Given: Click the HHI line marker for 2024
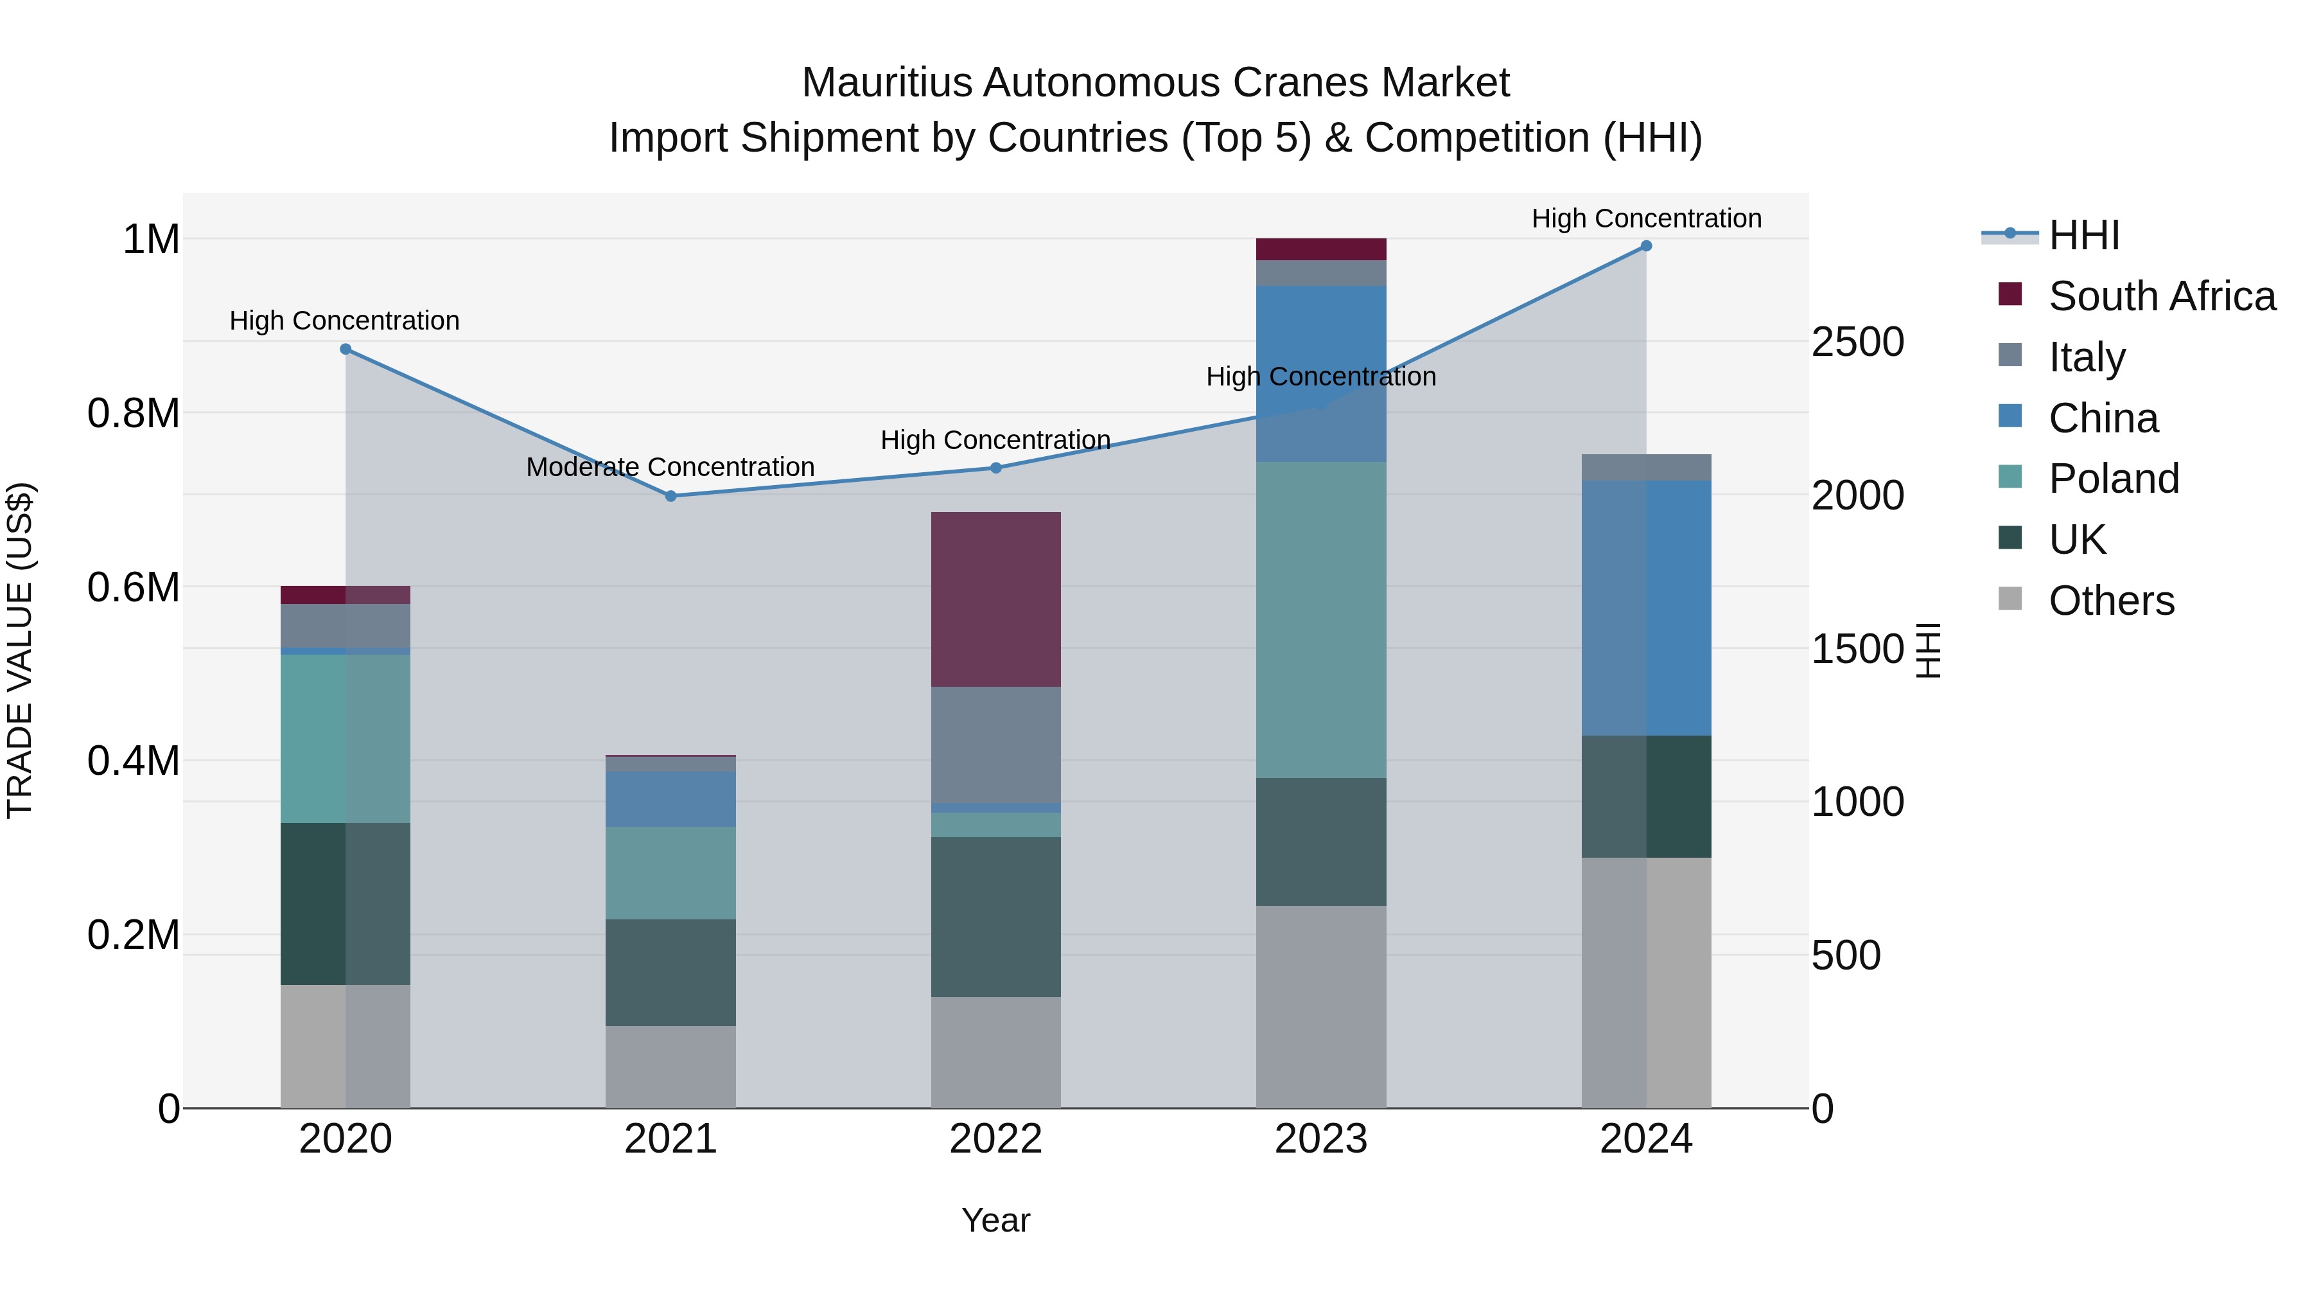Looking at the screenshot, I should [1646, 246].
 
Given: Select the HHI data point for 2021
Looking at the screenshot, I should [670, 495].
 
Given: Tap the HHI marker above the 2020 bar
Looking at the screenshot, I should [346, 350].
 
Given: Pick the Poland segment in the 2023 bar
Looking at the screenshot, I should [1320, 619].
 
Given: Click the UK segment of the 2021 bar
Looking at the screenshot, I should [670, 973].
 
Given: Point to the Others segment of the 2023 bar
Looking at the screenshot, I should [1320, 1007].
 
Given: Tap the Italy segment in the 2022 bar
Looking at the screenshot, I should [995, 745].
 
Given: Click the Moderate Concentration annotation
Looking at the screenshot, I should [670, 467].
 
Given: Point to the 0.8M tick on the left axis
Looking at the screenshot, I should [134, 414].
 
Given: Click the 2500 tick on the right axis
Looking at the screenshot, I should [1857, 342].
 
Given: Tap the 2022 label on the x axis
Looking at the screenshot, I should [995, 1139].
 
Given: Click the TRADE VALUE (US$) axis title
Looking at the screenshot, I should [21, 650].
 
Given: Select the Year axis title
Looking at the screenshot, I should [995, 1220].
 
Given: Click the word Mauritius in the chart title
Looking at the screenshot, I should [886, 83].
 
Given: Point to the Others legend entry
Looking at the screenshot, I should [2111, 601].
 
